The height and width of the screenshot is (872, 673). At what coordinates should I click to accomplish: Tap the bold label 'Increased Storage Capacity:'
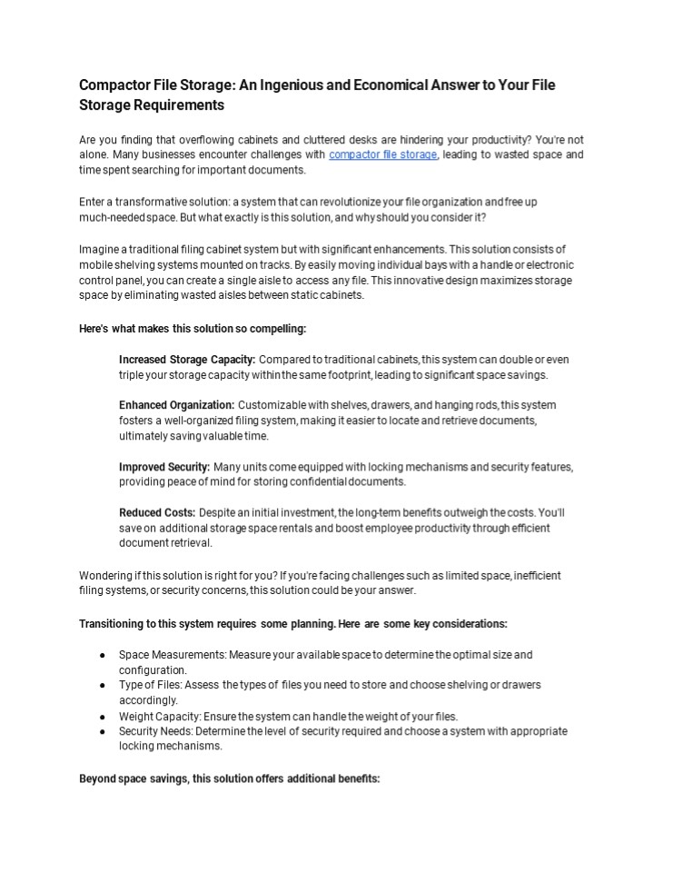(186, 360)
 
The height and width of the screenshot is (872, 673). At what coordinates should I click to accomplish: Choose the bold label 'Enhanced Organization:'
(176, 404)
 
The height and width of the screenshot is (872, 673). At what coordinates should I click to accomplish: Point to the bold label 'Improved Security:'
(164, 467)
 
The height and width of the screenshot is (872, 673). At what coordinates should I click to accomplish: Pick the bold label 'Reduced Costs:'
(156, 513)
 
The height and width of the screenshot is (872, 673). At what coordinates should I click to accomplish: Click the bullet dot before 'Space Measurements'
(103, 655)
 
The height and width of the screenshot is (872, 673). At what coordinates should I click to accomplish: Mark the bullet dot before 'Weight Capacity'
(103, 716)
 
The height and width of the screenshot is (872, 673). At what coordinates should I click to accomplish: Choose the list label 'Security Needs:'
(155, 731)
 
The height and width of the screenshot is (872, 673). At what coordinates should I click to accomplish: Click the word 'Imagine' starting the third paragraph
(99, 249)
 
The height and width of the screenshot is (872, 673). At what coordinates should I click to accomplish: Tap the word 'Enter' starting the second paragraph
(94, 202)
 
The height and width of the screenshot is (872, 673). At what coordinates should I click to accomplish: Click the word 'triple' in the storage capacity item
(132, 375)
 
